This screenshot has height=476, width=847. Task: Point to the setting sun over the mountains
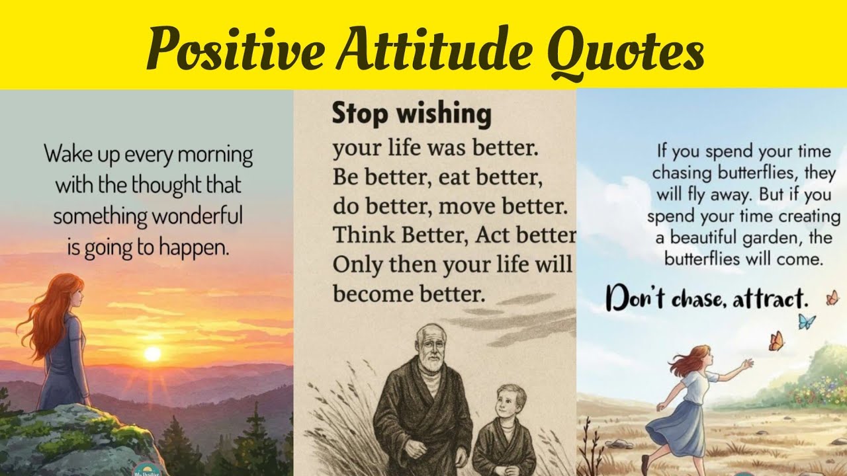coord(153,354)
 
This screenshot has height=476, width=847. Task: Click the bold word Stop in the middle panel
coord(359,114)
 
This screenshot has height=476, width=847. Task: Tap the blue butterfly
coord(806,321)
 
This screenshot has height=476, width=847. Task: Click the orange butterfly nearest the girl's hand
coord(776,341)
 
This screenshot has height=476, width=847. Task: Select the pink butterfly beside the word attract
coord(832,298)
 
